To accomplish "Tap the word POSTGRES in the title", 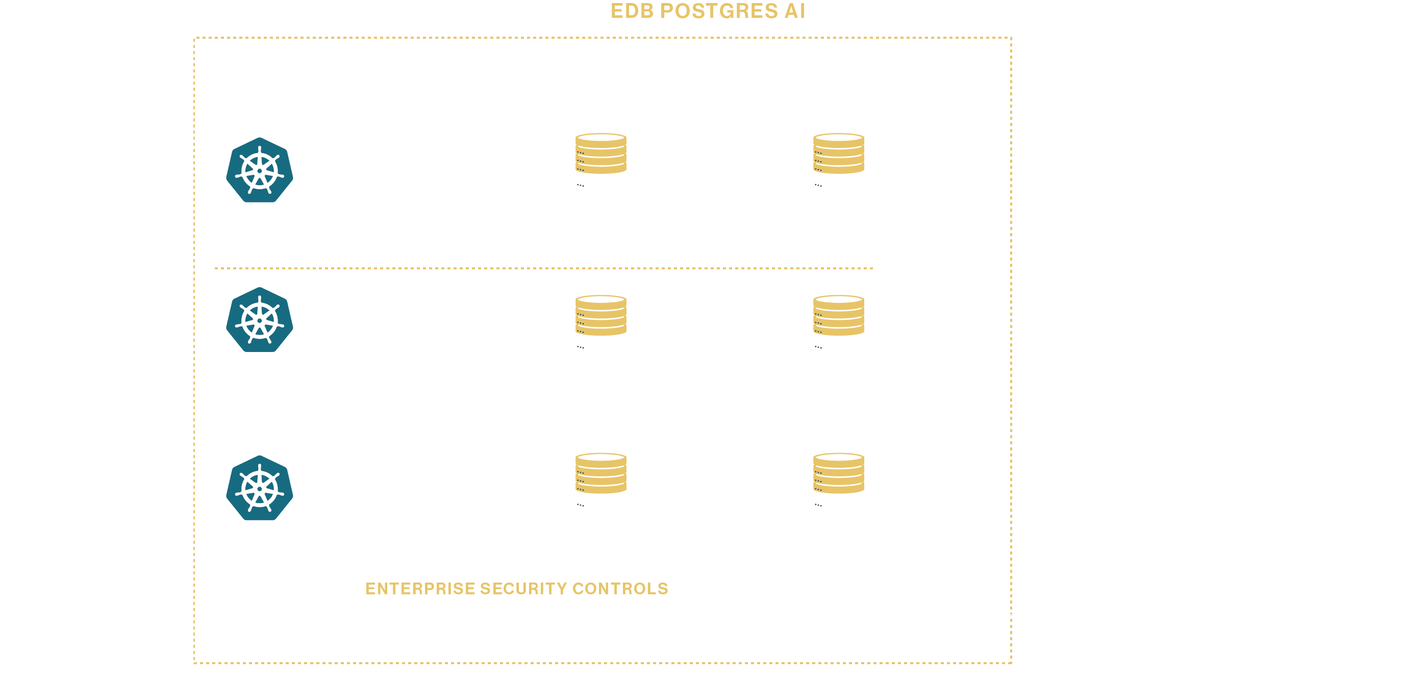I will (718, 11).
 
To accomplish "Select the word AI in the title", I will (794, 11).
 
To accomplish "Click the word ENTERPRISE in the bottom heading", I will (420, 589).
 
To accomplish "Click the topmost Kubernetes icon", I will (260, 170).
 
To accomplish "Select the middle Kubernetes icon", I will (260, 320).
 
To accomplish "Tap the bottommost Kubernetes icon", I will (260, 488).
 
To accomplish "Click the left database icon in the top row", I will (601, 154).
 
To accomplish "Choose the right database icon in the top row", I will (839, 154).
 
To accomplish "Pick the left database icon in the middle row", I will (601, 315).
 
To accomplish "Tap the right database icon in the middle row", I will (839, 315).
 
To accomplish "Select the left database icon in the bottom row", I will (601, 473).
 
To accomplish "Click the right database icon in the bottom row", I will (839, 473).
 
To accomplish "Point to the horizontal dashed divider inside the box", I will (543, 268).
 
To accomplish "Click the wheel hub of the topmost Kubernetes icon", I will (260, 171).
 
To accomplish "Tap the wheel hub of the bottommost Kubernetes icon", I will (260, 489).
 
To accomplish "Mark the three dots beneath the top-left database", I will (581, 186).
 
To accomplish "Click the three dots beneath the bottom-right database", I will (818, 506).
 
